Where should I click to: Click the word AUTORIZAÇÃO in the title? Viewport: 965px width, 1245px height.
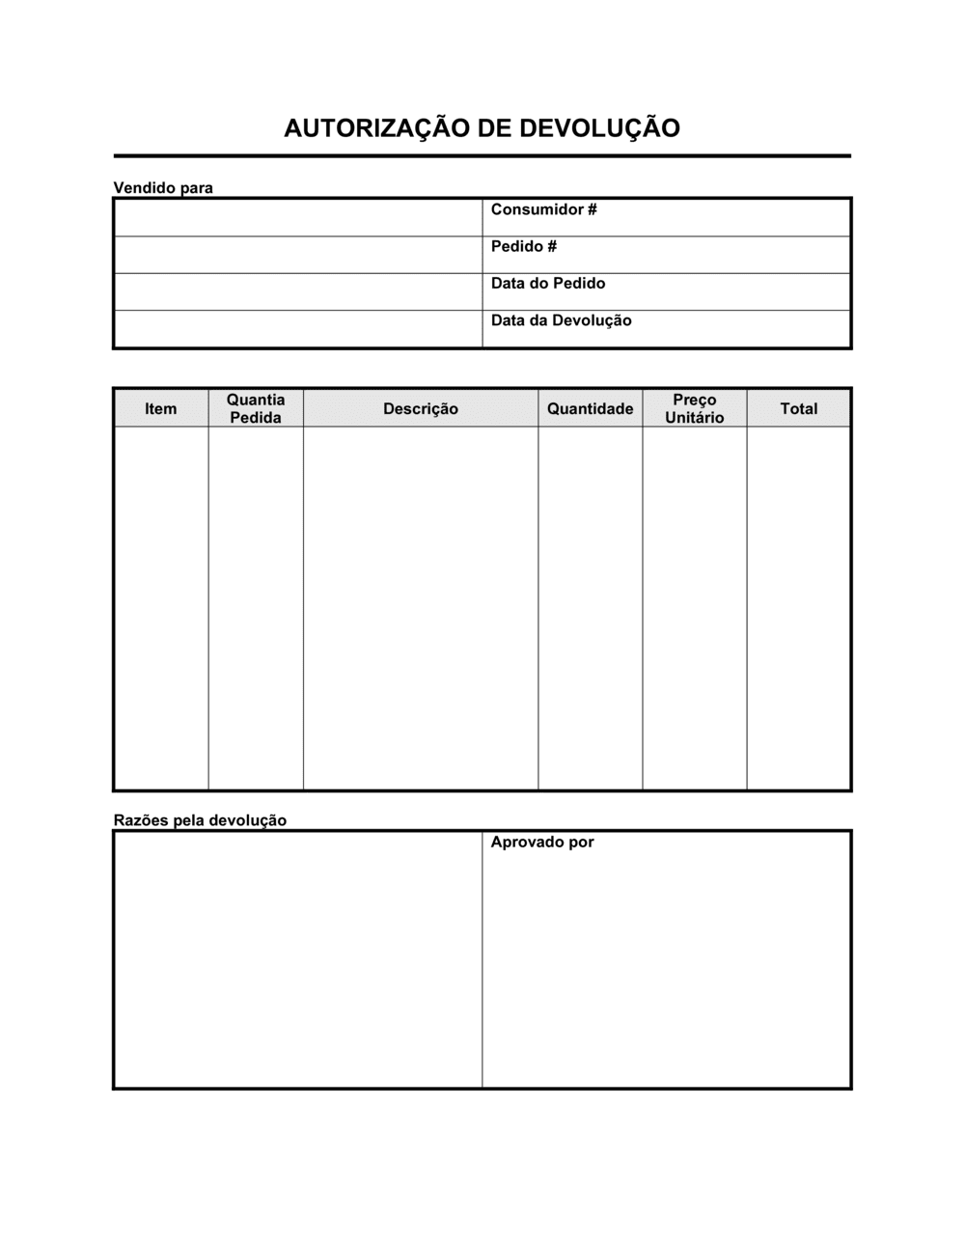pos(368,128)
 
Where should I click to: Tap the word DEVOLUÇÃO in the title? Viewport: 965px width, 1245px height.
pos(600,128)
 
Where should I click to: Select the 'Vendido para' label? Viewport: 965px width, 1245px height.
pos(163,188)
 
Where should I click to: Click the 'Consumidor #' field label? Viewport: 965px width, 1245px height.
pos(543,209)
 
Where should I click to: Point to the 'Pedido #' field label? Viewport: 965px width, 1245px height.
pos(523,246)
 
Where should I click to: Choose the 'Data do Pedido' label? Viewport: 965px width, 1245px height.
pos(547,284)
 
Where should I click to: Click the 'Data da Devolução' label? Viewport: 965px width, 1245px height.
pos(561,320)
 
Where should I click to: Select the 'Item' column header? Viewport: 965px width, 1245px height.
pos(160,409)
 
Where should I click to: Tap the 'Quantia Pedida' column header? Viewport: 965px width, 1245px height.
pos(256,408)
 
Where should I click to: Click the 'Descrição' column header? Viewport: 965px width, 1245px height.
pos(420,409)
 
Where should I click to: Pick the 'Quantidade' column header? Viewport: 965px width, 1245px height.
pos(590,409)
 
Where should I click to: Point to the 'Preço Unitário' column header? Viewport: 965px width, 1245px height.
pos(694,408)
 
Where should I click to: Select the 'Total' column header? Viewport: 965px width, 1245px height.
pos(798,409)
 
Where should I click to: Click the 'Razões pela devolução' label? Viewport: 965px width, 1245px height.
pos(200,820)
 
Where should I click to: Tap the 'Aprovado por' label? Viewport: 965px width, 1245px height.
pos(541,843)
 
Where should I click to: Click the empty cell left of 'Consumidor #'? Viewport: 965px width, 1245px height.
pos(298,217)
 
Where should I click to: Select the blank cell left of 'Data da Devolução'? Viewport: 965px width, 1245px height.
pos(298,328)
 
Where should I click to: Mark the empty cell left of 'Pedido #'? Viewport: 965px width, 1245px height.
pos(298,255)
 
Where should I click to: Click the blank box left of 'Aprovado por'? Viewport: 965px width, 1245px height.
pos(298,959)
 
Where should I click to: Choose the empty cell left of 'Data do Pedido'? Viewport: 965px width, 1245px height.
pos(298,291)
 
